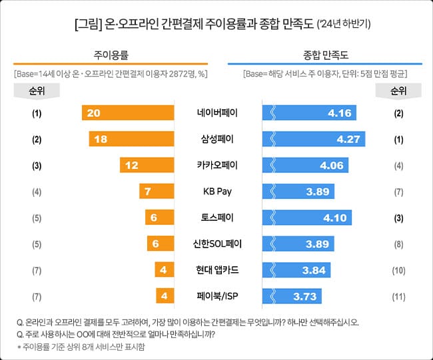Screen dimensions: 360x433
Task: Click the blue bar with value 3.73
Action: click(x=292, y=295)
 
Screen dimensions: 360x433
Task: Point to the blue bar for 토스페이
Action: click(x=307, y=218)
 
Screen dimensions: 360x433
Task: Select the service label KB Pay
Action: click(x=217, y=192)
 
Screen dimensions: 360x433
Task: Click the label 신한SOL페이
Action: click(x=217, y=244)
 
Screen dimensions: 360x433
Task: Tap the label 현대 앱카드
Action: click(x=217, y=270)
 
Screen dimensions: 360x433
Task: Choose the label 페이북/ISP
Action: click(x=217, y=295)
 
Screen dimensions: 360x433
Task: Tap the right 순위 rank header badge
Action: click(x=398, y=91)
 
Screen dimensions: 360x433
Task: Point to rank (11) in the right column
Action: click(x=398, y=295)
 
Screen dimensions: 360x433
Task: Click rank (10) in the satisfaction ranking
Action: click(x=398, y=270)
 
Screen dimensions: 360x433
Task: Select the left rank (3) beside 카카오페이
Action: click(x=37, y=165)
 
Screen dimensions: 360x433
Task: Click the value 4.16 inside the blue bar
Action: click(x=339, y=113)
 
